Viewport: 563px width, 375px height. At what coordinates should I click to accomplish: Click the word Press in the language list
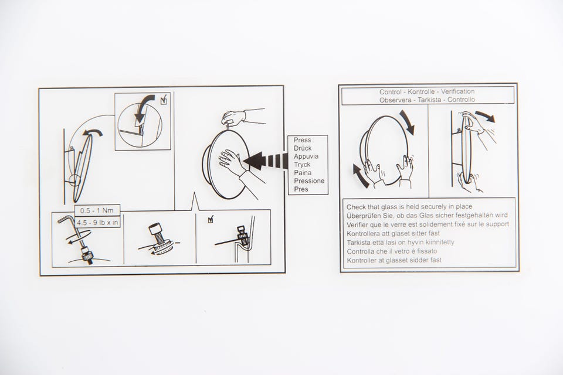303,140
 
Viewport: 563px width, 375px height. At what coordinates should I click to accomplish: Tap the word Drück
303,148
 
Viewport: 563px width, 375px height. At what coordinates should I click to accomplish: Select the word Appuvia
306,156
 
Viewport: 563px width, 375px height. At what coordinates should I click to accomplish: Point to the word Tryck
302,165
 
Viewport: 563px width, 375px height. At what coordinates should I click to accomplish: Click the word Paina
303,173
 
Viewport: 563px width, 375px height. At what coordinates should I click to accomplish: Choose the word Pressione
309,181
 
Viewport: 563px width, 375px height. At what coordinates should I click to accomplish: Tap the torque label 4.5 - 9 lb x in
97,223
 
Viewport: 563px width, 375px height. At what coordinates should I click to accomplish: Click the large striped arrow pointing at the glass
266,161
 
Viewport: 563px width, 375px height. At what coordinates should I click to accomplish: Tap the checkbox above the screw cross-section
211,219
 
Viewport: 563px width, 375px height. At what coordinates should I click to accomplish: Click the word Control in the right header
391,92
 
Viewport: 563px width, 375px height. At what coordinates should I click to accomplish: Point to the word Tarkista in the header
429,100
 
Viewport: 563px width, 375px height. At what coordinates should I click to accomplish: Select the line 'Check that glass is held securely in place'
409,207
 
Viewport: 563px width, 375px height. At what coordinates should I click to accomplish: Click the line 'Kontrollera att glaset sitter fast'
393,233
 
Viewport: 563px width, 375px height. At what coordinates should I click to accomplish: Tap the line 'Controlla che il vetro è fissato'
392,251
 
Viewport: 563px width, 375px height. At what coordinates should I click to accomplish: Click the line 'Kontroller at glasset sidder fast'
394,260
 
